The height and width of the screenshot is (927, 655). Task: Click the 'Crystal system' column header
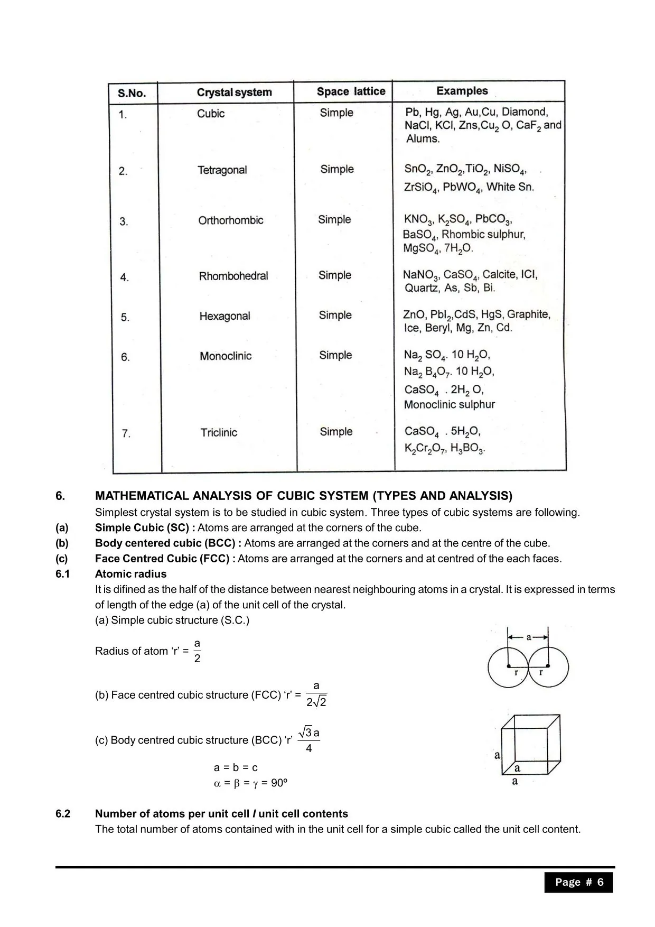coord(234,92)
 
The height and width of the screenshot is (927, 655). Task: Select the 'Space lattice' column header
coord(351,91)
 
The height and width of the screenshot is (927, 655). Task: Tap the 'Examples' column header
coord(462,91)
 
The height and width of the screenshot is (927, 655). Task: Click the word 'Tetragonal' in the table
coord(222,170)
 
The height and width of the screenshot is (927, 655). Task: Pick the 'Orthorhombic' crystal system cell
coord(231,220)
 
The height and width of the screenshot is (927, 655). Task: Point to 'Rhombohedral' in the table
coord(233,276)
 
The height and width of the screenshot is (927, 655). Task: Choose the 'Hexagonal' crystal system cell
coord(224,316)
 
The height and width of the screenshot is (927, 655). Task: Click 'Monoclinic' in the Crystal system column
coord(226,356)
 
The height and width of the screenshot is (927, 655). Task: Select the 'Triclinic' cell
coord(219,433)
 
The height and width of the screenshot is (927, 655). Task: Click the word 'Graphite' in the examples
coord(528,314)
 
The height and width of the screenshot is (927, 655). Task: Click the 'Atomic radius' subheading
coord(130,574)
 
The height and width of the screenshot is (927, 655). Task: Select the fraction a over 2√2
coord(316,694)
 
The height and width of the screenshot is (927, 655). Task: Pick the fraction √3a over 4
coord(309,740)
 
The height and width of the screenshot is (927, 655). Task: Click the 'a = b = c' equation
coord(236,767)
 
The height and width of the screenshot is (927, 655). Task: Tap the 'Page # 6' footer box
coord(578,882)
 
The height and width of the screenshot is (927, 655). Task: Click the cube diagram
coord(530,745)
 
